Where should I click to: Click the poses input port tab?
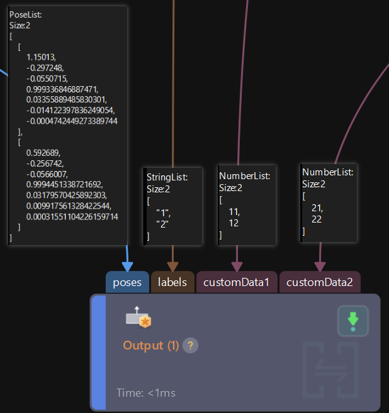[127, 282]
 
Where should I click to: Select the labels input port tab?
[172, 282]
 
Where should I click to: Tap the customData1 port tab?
[237, 282]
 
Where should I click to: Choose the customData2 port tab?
[320, 282]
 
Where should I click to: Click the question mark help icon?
[190, 345]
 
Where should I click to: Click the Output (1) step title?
[151, 345]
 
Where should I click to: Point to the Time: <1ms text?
[146, 393]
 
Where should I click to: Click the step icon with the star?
[138, 319]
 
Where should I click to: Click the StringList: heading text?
[167, 177]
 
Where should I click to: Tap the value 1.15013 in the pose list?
[41, 57]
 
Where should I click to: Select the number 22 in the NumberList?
[317, 219]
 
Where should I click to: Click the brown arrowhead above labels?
[172, 267]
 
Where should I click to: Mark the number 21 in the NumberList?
[317, 208]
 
